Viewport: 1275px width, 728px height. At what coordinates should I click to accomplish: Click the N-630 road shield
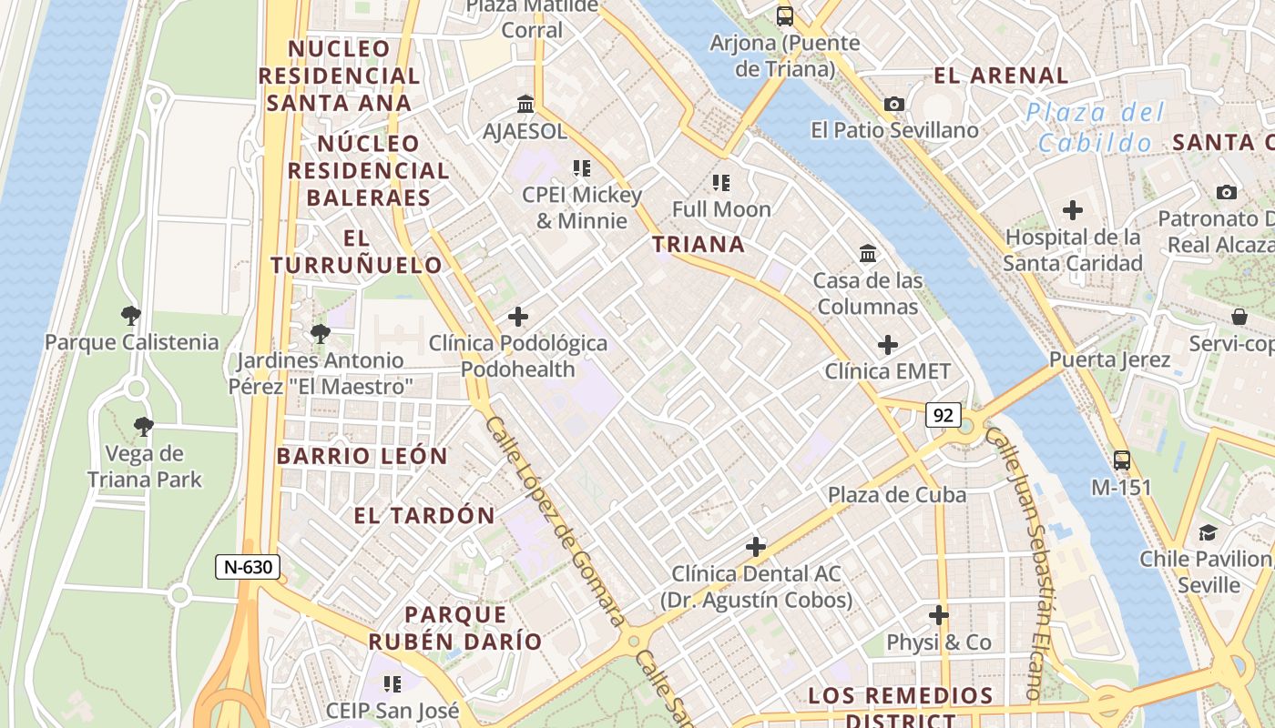coord(248,567)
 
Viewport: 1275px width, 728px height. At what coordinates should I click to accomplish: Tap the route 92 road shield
coord(943,416)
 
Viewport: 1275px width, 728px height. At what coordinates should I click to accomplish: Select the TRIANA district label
coord(699,244)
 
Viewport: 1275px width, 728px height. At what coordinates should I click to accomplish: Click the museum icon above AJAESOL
coord(525,104)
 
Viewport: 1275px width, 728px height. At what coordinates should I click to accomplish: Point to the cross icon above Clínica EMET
coord(887,345)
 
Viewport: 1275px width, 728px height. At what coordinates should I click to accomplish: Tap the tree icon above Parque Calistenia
coord(131,316)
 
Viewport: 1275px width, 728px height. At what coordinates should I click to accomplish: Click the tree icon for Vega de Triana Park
coord(143,426)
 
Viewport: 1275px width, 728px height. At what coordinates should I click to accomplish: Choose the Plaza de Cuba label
coord(897,495)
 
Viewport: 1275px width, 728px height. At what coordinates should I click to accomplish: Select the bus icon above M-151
coord(1122,460)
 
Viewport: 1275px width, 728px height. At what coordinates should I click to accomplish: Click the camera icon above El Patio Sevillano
coord(894,104)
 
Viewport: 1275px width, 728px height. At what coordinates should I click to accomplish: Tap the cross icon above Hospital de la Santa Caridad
coord(1073,210)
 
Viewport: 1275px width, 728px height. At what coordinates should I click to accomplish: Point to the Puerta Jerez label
coord(1109,359)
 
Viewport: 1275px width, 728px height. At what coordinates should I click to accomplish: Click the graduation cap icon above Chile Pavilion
coord(1208,532)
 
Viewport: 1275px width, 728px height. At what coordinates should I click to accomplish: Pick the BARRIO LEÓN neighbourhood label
coord(362,456)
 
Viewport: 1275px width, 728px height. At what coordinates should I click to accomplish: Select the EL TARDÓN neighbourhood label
coord(424,516)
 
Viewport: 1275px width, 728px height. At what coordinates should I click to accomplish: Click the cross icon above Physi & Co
coord(939,615)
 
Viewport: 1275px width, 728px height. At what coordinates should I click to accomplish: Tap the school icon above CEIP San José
coord(393,683)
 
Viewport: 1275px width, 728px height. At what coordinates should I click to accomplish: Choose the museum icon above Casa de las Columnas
coord(868,253)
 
